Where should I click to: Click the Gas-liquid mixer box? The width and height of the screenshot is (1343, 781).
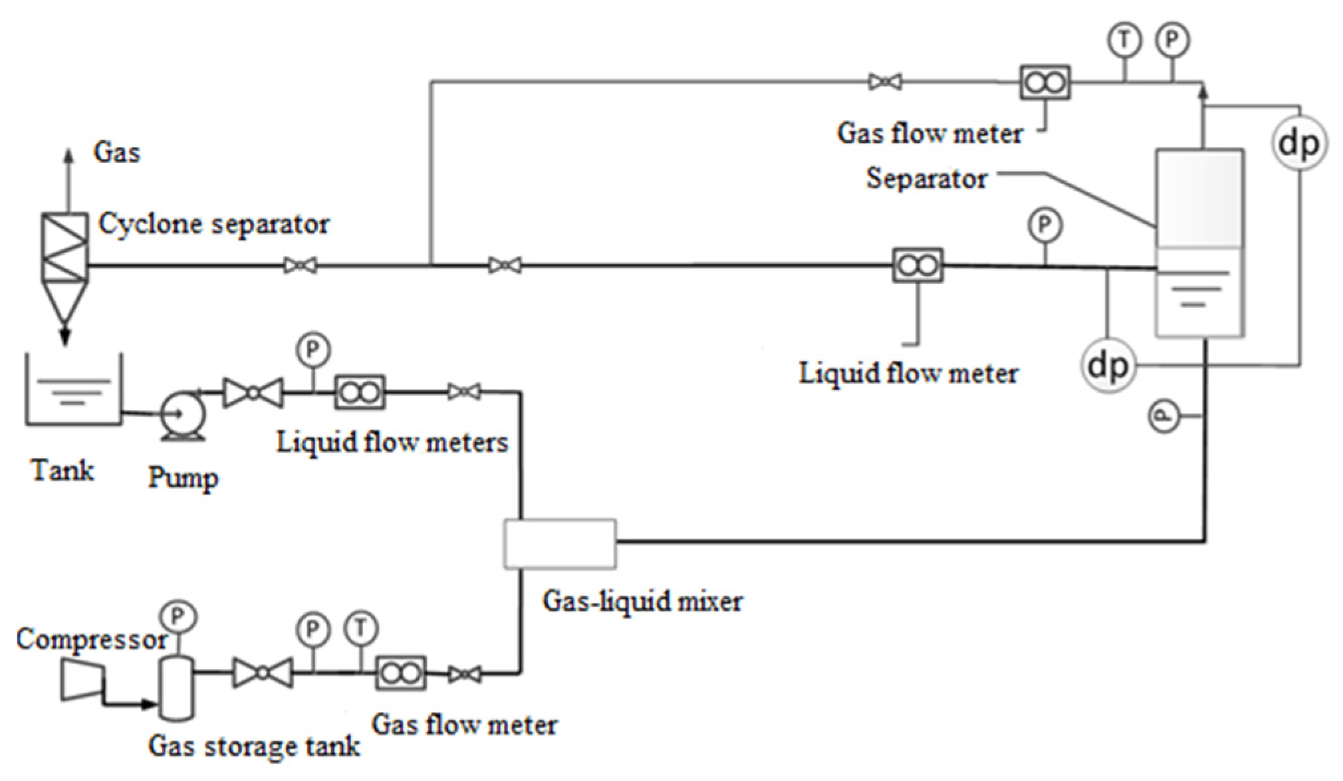click(559, 544)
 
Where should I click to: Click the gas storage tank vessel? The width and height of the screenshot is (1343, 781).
click(177, 687)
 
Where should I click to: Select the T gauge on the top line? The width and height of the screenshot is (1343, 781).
click(1124, 41)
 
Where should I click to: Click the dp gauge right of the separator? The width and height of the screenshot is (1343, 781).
click(1299, 144)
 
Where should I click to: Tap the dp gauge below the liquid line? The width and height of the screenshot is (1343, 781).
click(1108, 365)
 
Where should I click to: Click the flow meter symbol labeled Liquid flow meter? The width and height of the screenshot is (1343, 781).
click(917, 266)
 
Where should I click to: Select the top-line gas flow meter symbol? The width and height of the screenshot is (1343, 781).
click(1044, 82)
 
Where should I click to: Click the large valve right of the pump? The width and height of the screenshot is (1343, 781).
click(253, 393)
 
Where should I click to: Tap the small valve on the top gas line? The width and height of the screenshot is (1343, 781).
click(885, 82)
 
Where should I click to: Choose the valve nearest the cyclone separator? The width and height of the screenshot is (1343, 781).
click(300, 266)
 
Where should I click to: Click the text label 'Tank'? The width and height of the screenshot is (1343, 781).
click(62, 471)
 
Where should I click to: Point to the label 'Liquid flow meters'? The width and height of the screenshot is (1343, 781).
click(392, 443)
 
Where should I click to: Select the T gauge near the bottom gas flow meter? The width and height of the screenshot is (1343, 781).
click(360, 628)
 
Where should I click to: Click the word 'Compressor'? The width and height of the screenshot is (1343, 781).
click(91, 639)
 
